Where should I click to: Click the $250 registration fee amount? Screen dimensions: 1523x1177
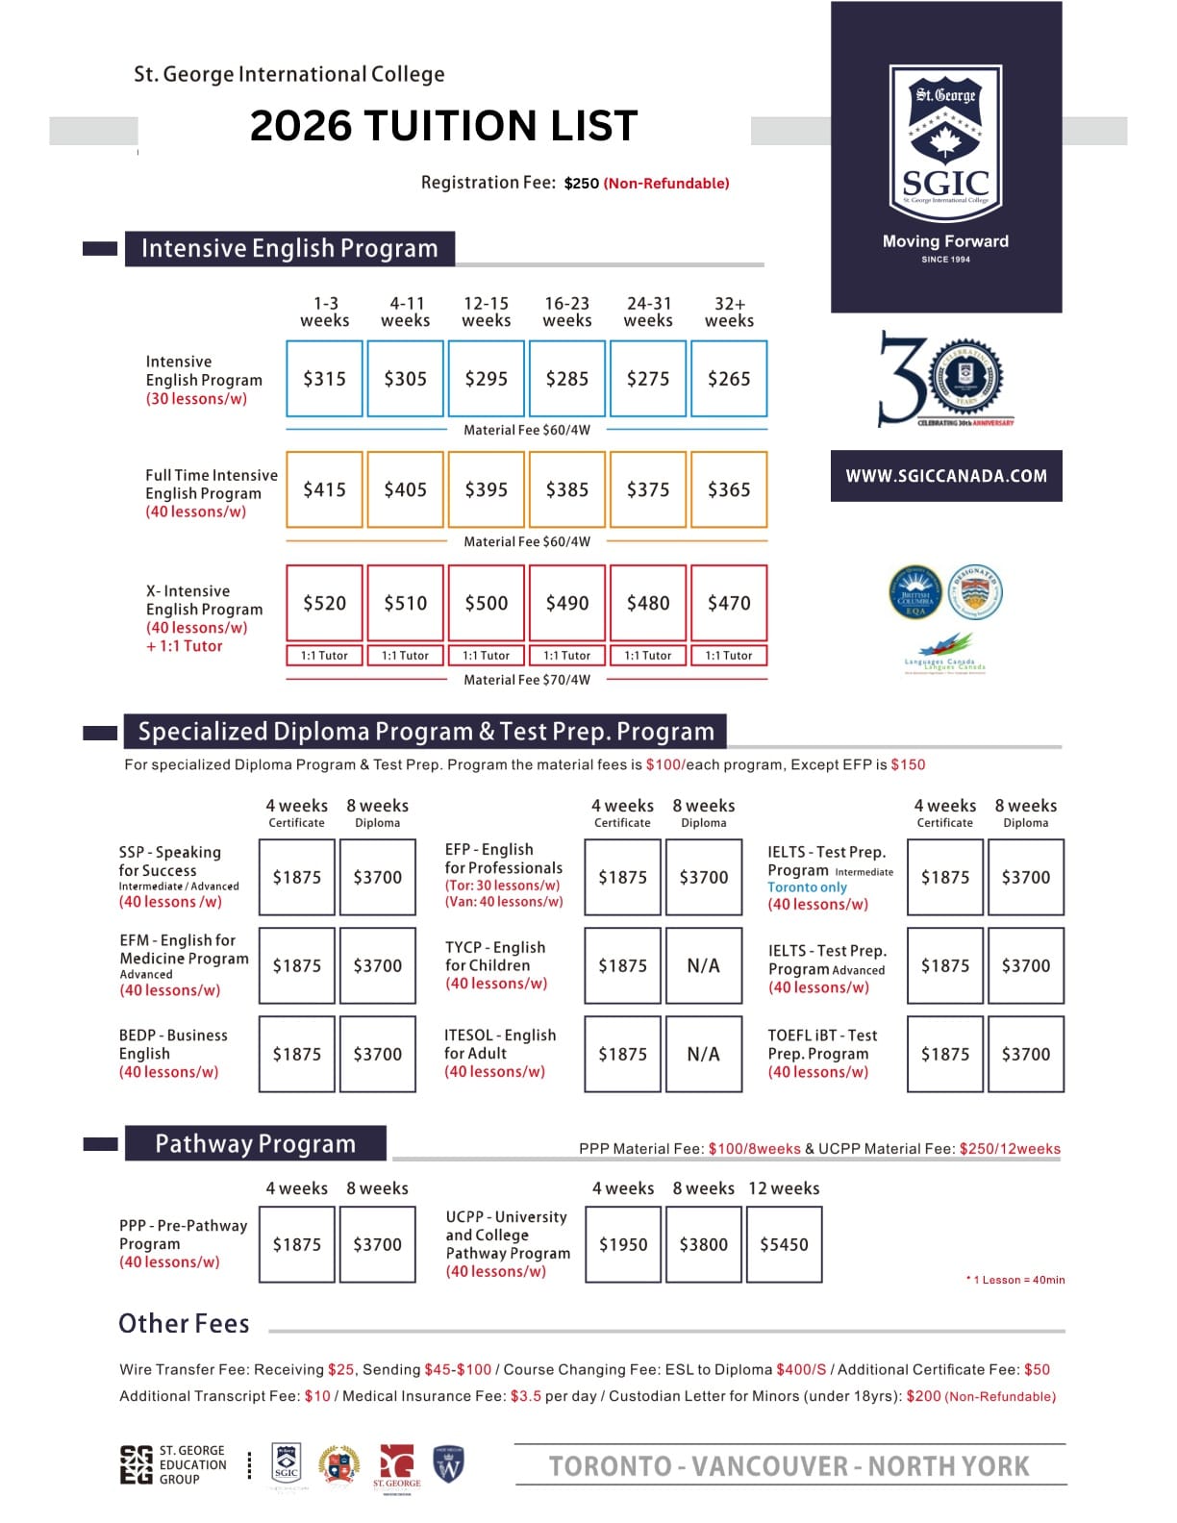click(581, 184)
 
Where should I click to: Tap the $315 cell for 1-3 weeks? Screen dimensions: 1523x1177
click(324, 379)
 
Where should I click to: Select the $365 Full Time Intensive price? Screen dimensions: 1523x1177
click(729, 489)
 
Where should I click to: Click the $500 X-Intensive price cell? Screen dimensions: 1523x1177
click(486, 603)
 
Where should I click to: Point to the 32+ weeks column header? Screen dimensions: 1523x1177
click(729, 312)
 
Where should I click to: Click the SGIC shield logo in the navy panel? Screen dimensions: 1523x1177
click(945, 141)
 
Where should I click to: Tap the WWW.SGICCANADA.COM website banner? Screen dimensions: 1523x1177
click(946, 476)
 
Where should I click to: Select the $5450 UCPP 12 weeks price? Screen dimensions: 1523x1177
click(784, 1244)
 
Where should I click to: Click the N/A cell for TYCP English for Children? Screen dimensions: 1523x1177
click(703, 965)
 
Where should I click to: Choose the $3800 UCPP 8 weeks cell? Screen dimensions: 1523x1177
click(703, 1244)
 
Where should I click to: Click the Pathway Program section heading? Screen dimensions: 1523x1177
click(255, 1143)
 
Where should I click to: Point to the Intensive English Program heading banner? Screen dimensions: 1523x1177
click(289, 248)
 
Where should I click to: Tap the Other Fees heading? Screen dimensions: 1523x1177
click(184, 1324)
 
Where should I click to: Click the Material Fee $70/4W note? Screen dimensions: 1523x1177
click(527, 680)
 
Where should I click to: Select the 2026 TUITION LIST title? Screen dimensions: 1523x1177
click(443, 126)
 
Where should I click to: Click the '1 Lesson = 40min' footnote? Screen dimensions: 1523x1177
click(1017, 1280)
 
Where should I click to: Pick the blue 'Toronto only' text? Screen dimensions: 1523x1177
click(807, 887)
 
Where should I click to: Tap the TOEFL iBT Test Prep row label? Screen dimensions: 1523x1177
click(822, 1054)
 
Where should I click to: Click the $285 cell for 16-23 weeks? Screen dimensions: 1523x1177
click(566, 379)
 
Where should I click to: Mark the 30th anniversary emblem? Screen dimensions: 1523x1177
click(944, 380)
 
